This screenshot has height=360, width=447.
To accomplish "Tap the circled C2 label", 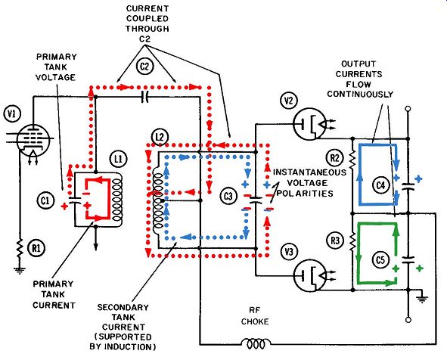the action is pyautogui.click(x=145, y=67).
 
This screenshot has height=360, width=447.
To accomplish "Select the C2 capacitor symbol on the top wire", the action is pyautogui.click(x=145, y=98).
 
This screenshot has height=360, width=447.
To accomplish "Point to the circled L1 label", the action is pyautogui.click(x=118, y=159).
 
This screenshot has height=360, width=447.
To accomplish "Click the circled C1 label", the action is pyautogui.click(x=45, y=200).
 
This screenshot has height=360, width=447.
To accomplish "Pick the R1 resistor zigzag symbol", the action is pyautogui.click(x=20, y=249).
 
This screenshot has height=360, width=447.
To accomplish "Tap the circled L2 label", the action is pyautogui.click(x=160, y=138).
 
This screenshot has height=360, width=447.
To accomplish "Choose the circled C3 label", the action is pyautogui.click(x=228, y=196).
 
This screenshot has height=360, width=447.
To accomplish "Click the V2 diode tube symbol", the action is pyautogui.click(x=309, y=125).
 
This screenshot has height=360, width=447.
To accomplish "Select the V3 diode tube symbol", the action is pyautogui.click(x=309, y=275).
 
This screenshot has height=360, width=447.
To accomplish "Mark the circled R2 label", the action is pyautogui.click(x=335, y=158).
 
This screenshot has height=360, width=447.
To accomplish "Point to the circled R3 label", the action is pyautogui.click(x=335, y=241).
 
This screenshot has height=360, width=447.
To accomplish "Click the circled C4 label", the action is pyautogui.click(x=380, y=185).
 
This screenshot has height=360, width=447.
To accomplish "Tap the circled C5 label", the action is pyautogui.click(x=380, y=260).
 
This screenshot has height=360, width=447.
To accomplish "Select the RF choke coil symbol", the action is pyautogui.click(x=256, y=343).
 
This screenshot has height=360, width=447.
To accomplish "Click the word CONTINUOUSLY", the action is pyautogui.click(x=360, y=95).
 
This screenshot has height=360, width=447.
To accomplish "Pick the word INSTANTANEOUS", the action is pyautogui.click(x=310, y=172).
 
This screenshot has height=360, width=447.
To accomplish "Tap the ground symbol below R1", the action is pyautogui.click(x=20, y=270).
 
